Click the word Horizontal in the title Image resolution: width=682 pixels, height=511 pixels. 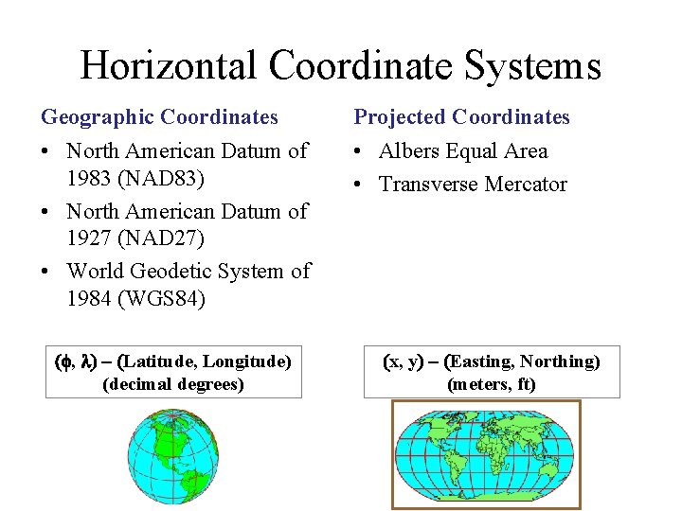(168, 65)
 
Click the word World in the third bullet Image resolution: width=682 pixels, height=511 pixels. (96, 272)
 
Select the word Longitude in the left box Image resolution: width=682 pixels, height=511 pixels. (244, 361)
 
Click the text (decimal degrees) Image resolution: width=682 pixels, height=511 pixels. (173, 384)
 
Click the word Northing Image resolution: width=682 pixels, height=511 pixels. (559, 361)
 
